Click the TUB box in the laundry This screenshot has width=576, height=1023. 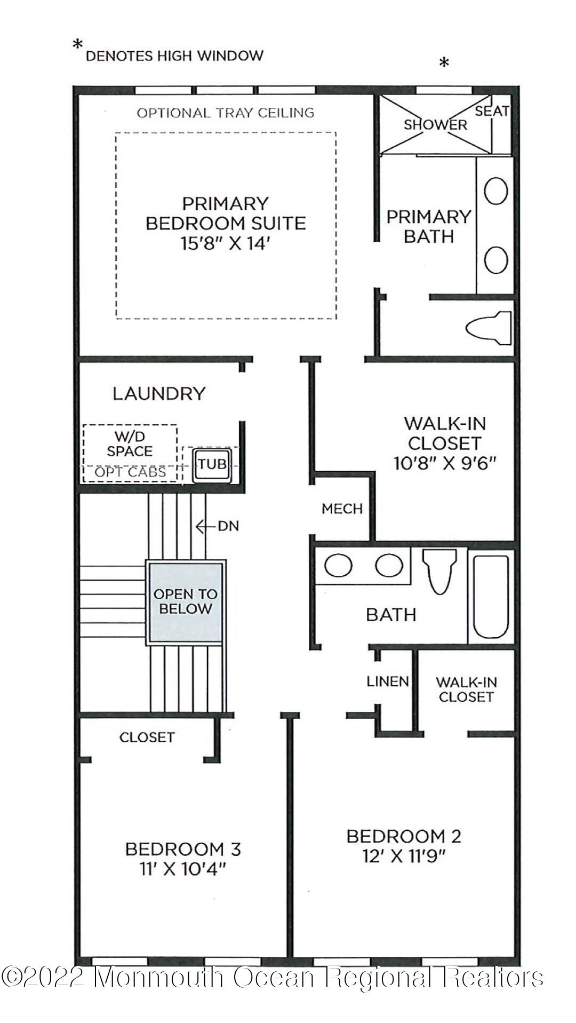tap(212, 464)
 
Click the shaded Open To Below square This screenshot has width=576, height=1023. tap(185, 602)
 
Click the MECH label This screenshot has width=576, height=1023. tap(342, 509)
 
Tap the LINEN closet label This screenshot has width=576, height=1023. tap(388, 681)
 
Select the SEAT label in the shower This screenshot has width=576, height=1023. tap(491, 111)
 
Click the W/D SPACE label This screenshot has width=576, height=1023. tap(130, 444)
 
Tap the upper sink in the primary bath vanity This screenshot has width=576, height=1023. tap(495, 191)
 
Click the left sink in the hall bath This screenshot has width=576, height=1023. tap(338, 566)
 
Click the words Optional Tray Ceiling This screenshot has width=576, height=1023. tap(226, 113)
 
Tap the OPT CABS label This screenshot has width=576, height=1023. tap(130, 472)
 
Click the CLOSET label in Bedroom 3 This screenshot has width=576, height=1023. tap(147, 737)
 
